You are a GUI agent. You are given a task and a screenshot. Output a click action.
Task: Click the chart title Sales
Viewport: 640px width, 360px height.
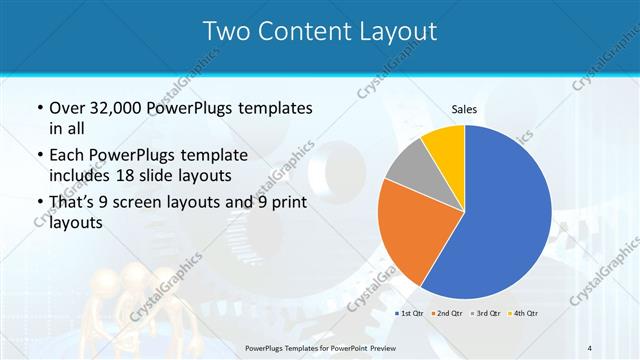(464, 108)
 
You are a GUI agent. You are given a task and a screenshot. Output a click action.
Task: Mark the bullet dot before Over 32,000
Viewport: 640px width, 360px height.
(38, 108)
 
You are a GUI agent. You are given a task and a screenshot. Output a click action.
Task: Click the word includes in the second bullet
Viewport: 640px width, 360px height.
(81, 176)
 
